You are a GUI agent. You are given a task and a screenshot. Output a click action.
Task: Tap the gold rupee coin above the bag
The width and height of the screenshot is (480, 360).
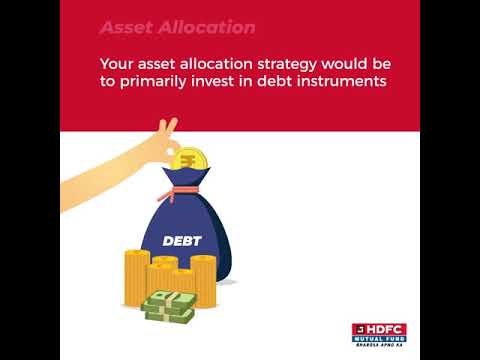point(189,160)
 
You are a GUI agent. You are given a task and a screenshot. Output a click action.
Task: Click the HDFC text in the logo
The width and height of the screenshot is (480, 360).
point(388,329)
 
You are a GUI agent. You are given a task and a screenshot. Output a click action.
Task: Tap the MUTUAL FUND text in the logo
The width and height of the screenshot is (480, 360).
point(379,340)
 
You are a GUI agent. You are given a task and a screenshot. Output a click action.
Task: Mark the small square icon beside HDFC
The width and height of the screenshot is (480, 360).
point(358,329)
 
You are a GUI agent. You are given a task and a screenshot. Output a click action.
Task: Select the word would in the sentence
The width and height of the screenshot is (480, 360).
point(348,63)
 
